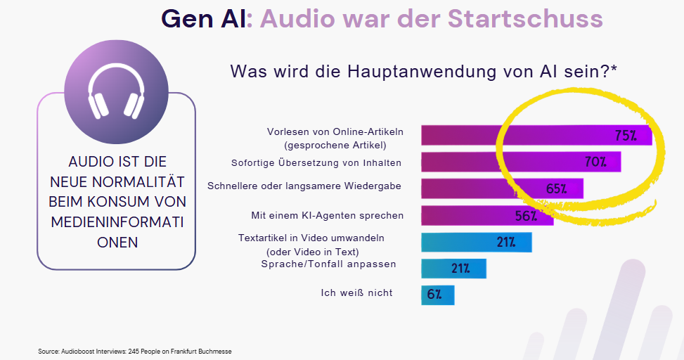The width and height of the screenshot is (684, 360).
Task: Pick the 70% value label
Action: click(595, 162)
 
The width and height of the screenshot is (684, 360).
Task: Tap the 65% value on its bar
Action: click(556, 189)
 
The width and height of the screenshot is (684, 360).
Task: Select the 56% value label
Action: click(527, 216)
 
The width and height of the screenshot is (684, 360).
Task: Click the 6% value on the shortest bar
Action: click(434, 295)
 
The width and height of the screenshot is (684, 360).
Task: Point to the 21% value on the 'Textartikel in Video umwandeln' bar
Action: click(506, 243)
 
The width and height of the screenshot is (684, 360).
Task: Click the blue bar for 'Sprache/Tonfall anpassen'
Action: click(453, 269)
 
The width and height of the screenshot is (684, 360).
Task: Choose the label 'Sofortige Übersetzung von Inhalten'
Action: click(316, 163)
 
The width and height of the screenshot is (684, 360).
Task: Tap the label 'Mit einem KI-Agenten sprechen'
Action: click(327, 215)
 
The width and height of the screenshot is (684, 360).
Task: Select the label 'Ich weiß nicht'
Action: click(356, 292)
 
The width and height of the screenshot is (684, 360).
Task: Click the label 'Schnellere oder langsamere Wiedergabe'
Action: click(304, 186)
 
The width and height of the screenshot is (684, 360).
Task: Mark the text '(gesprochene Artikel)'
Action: click(335, 146)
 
